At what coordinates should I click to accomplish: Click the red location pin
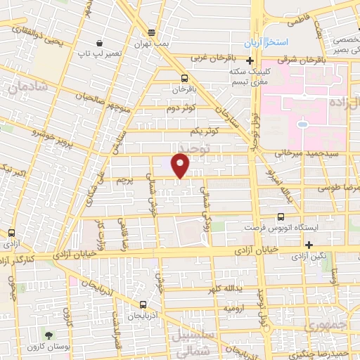(x=181, y=165)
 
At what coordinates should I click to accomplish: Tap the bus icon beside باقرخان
(x=184, y=78)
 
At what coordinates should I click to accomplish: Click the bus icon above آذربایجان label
(x=143, y=305)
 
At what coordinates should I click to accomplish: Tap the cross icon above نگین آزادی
(x=309, y=244)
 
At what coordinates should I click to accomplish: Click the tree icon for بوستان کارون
(x=49, y=337)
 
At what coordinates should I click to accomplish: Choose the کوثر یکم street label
(x=205, y=131)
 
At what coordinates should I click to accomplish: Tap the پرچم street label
(x=122, y=181)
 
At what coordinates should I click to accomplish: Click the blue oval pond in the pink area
(x=302, y=124)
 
